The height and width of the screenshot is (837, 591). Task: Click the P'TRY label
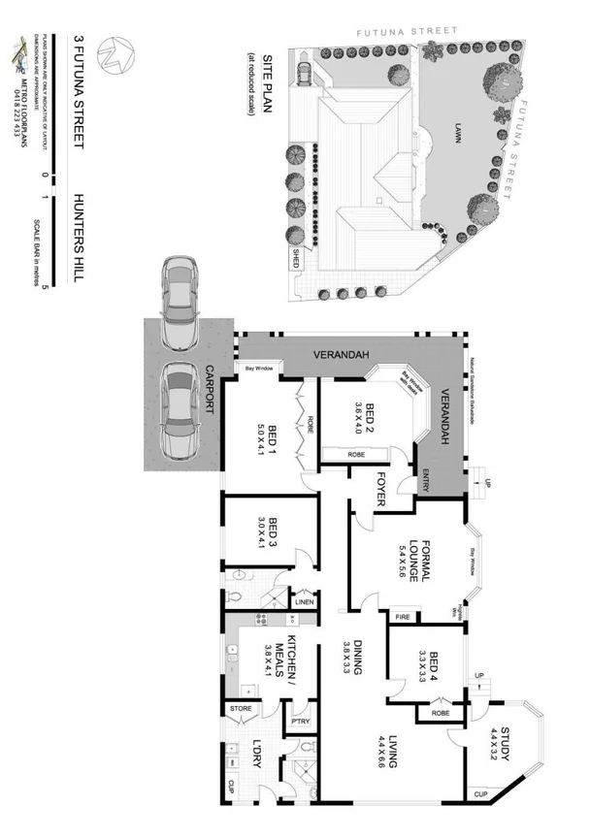pyautogui.click(x=299, y=721)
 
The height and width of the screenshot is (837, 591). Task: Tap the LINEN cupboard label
pyautogui.click(x=304, y=602)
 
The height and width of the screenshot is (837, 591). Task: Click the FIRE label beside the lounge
pyautogui.click(x=400, y=617)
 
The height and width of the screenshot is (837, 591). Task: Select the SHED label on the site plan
pyautogui.click(x=296, y=259)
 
